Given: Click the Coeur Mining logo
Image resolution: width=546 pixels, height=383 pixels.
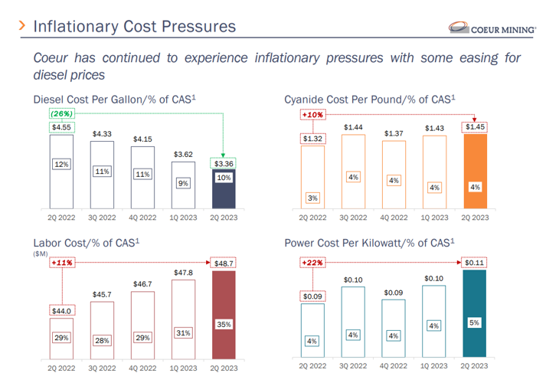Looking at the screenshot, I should coord(495,28).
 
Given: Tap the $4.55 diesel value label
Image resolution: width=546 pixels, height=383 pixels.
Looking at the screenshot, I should coord(62,128).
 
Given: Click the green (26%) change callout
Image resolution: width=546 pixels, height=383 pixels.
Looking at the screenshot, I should coord(61,114).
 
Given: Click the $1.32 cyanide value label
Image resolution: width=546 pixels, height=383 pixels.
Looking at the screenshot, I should coord(312,139).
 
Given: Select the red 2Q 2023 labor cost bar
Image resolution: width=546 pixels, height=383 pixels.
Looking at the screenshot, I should coord(223,315).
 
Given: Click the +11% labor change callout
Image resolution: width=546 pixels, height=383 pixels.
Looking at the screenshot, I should coord(61,263).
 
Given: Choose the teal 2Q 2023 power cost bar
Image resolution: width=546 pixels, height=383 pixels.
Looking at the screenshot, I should coord(475,315).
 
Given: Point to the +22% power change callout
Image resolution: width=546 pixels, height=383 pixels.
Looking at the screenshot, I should coord(312,263).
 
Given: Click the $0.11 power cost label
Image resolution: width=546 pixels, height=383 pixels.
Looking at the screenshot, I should coord(475,263).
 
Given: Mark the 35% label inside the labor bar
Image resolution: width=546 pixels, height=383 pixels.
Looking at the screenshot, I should coord(223,325).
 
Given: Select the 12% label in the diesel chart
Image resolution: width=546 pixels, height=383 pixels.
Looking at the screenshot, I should coord(62,164).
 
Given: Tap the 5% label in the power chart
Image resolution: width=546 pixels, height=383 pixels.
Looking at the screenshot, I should coord(475,323).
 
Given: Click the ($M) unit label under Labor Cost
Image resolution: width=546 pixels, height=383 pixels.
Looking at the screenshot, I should coord(41,254).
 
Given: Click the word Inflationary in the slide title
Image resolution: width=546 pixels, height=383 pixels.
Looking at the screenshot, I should coord(76,27).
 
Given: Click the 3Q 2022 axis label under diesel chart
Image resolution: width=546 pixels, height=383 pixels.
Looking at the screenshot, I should coord(102,218).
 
